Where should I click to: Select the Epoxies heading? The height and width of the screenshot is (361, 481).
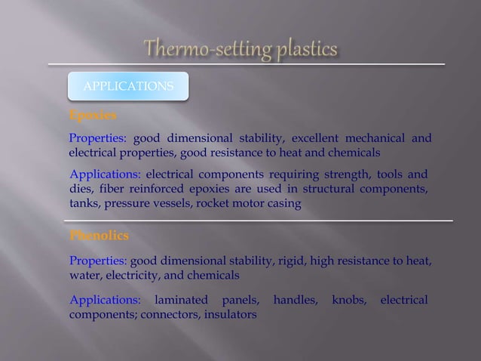coord(93,116)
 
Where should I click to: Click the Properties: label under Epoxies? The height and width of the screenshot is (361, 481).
coord(99,138)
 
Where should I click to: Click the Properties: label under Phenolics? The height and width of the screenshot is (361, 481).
coord(99,261)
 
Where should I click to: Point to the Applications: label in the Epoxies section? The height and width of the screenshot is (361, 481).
coord(105,174)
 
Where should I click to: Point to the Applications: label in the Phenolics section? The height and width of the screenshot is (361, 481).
coord(105,301)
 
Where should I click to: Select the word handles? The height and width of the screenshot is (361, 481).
coord(294,301)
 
